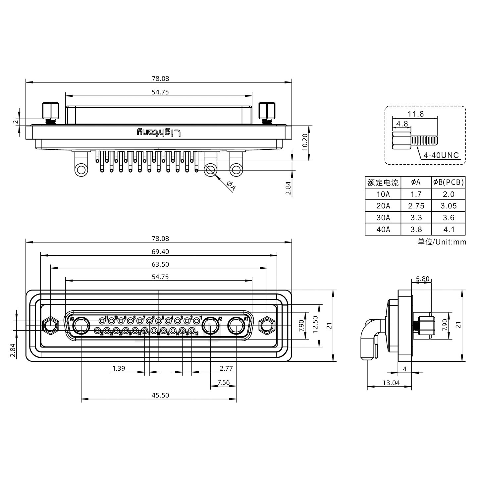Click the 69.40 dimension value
pyautogui.click(x=160, y=252)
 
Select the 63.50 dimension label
pyautogui.click(x=160, y=264)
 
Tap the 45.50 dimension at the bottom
pyautogui.click(x=160, y=395)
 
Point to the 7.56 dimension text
pyautogui.click(x=224, y=382)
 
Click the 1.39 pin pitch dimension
pyautogui.click(x=119, y=368)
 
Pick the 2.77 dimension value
pyautogui.click(x=226, y=368)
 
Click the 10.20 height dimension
pyautogui.click(x=305, y=142)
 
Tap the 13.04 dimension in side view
pyautogui.click(x=391, y=383)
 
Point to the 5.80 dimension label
pyautogui.click(x=423, y=279)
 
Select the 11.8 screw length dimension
pyautogui.click(x=416, y=114)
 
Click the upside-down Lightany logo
pyautogui.click(x=159, y=133)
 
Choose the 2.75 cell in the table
pyautogui.click(x=416, y=206)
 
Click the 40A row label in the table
pyautogui.click(x=383, y=229)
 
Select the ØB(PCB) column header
pyautogui.click(x=449, y=182)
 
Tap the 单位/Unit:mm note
pyautogui.click(x=442, y=242)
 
